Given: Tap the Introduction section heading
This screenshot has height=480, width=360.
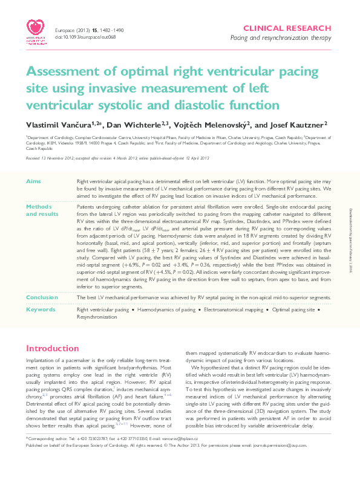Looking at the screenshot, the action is (x=53, y=349).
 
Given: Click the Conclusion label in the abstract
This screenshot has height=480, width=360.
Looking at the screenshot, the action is (x=41, y=297).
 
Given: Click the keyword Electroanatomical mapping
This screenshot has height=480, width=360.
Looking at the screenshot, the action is (x=232, y=310).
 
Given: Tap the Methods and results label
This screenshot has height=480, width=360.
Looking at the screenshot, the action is (x=42, y=210).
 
